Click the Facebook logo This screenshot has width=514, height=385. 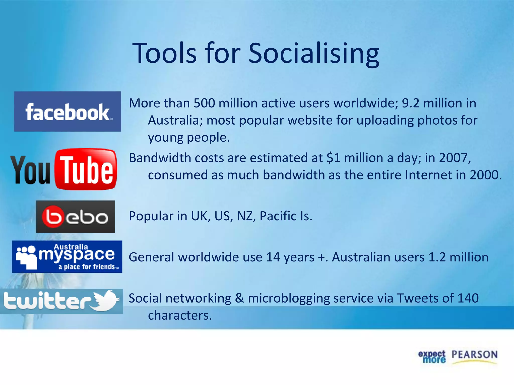(68, 112)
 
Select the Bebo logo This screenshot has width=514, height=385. (76, 217)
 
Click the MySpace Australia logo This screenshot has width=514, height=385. (67, 257)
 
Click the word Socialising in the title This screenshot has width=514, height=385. (314, 53)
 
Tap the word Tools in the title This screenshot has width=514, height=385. (164, 53)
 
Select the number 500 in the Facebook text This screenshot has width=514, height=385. (204, 103)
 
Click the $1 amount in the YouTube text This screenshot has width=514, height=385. (334, 158)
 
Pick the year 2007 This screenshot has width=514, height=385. (454, 158)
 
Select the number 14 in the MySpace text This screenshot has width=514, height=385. (273, 257)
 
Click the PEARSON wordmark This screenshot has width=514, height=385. (474, 355)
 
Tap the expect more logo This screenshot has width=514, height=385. (432, 356)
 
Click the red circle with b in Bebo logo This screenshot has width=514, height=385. (52, 217)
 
